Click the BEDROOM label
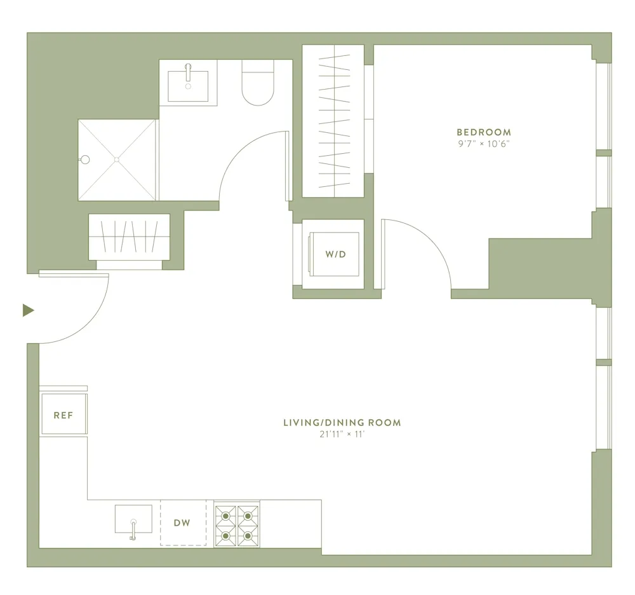[x=483, y=132]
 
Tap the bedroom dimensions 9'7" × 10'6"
[x=483, y=143]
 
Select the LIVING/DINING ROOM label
[x=342, y=423]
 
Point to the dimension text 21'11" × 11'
[x=342, y=434]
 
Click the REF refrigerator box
[x=63, y=415]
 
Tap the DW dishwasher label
[x=182, y=523]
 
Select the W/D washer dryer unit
[x=334, y=254]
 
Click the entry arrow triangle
[x=27, y=310]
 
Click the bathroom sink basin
[x=188, y=85]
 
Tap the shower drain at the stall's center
[x=117, y=160]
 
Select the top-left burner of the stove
[x=225, y=515]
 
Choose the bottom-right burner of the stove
[x=248, y=537]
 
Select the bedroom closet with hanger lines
[x=333, y=121]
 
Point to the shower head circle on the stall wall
[x=85, y=160]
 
